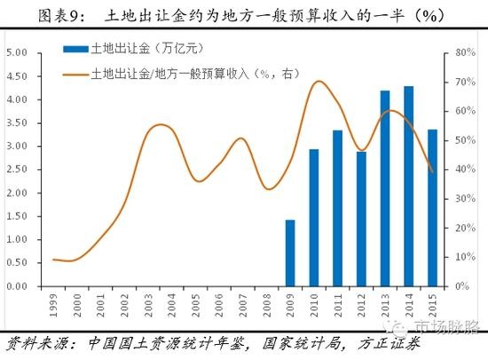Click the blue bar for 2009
[290, 253]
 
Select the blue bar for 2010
[314, 217]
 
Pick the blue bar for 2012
[361, 219]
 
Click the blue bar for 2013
[385, 188]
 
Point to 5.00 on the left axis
[19, 52]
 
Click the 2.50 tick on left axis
[19, 169]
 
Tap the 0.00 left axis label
[19, 286]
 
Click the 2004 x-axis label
[171, 303]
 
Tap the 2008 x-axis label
[266, 303]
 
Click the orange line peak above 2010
[318, 82]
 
